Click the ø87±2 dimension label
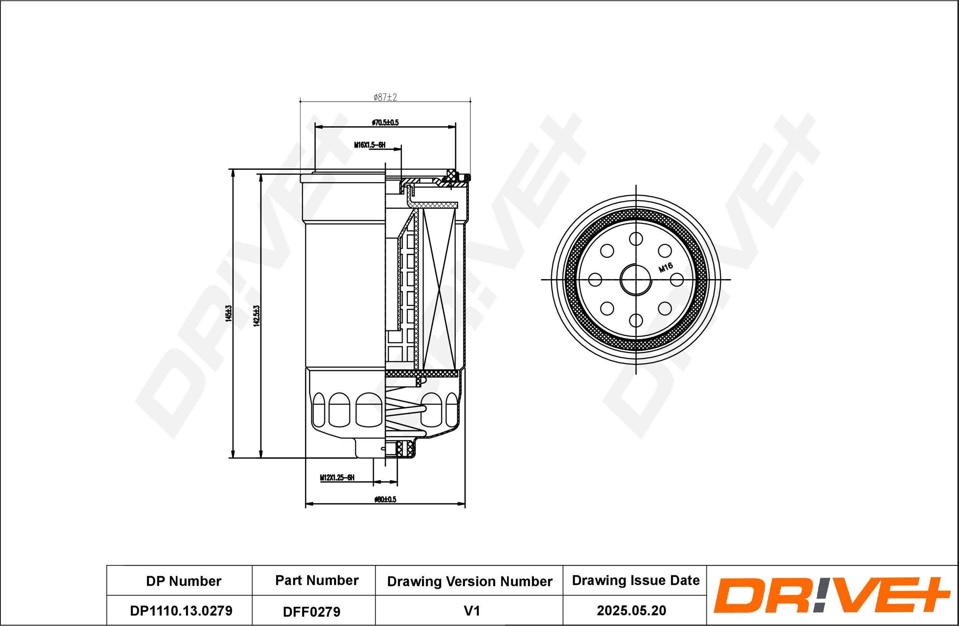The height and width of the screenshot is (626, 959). pyautogui.click(x=385, y=97)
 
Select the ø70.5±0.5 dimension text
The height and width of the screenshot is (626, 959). pyautogui.click(x=385, y=122)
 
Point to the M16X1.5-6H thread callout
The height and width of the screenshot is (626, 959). pyautogui.click(x=369, y=145)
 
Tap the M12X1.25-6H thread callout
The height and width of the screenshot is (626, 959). pyautogui.click(x=337, y=477)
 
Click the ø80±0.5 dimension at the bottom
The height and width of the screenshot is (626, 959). pyautogui.click(x=385, y=499)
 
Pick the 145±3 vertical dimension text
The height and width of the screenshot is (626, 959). pyautogui.click(x=229, y=313)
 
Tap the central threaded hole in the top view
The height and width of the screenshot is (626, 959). pyautogui.click(x=636, y=279)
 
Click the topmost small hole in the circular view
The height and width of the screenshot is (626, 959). pyautogui.click(x=636, y=238)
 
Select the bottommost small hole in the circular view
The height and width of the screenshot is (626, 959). pyautogui.click(x=636, y=320)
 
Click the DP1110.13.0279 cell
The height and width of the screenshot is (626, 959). pyautogui.click(x=181, y=611)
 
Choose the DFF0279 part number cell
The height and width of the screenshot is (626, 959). pyautogui.click(x=311, y=612)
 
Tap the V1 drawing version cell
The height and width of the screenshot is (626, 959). pyautogui.click(x=471, y=611)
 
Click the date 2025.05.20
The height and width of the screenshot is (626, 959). pyautogui.click(x=631, y=611)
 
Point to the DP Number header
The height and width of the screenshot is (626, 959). pyautogui.click(x=183, y=581)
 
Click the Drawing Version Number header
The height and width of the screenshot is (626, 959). pyautogui.click(x=470, y=581)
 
